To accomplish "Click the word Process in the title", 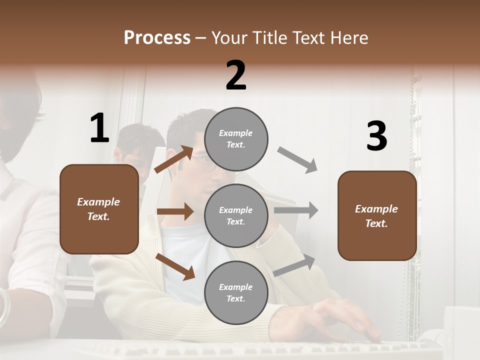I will [x=157, y=38].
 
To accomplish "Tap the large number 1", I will [x=99, y=128].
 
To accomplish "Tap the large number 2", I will [x=236, y=76].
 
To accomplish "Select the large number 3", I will [x=376, y=136].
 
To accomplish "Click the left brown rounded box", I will [x=99, y=209].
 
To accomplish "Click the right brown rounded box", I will [x=377, y=216].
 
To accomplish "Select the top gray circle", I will [x=236, y=139].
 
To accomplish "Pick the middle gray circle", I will [x=236, y=215].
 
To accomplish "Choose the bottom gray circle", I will [x=236, y=292].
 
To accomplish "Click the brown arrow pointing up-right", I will [x=174, y=159].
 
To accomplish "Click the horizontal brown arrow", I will [x=175, y=211].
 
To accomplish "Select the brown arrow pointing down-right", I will [x=175, y=266].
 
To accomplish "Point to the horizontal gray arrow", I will [x=296, y=210].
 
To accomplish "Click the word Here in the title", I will [x=349, y=38].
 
